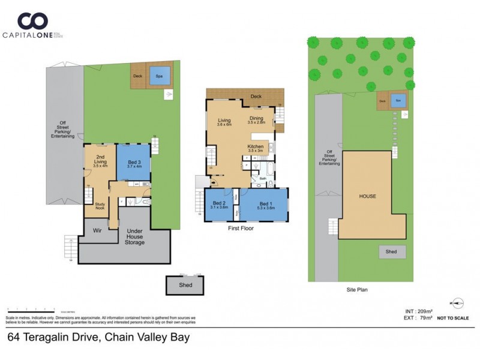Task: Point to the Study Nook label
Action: click(101, 206)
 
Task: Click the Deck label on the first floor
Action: click(256, 96)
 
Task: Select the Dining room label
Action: click(256, 120)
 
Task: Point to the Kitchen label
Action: click(256, 148)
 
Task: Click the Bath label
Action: click(263, 178)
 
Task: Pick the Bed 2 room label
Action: click(220, 205)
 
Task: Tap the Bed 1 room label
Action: click(265, 205)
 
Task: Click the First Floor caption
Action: click(240, 229)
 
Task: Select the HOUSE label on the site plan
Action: click(367, 196)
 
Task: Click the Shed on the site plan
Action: click(392, 252)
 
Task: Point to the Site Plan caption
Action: click(358, 289)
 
